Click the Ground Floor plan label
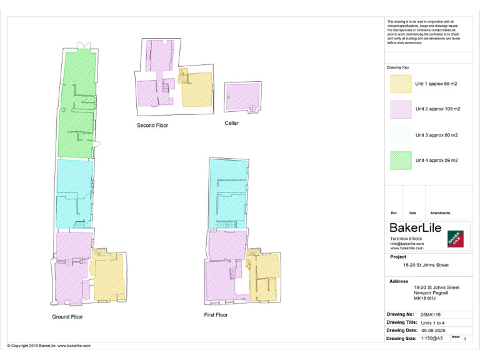pyautogui.click(x=67, y=317)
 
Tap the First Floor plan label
pyautogui.click(x=216, y=315)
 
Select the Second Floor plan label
pyautogui.click(x=152, y=126)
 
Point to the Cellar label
pyautogui.click(x=232, y=123)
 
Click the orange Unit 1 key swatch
pyautogui.click(x=401, y=84)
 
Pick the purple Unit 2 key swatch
pyautogui.click(x=401, y=109)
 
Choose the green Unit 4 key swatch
pyautogui.click(x=401, y=160)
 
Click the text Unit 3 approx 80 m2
pyautogui.click(x=436, y=135)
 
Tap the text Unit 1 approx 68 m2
pyautogui.click(x=436, y=84)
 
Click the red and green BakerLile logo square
pyautogui.click(x=456, y=239)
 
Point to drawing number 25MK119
pyautogui.click(x=431, y=314)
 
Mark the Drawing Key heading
pyautogui.click(x=398, y=67)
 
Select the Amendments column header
pyautogui.click(x=440, y=213)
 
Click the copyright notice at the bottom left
pyautogui.click(x=49, y=346)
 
